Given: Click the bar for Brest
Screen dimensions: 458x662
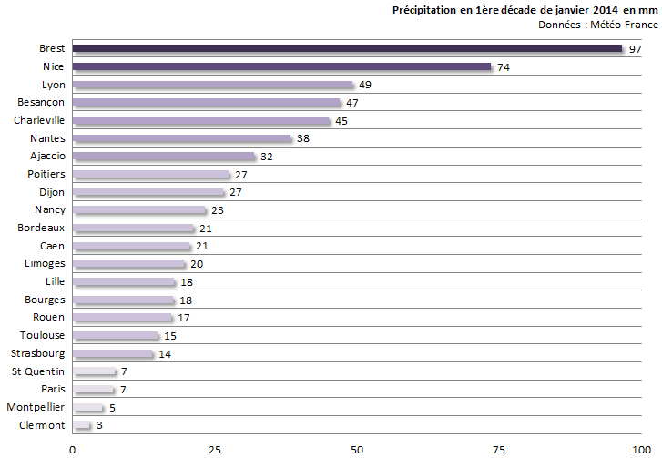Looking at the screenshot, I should pyautogui.click(x=346, y=48).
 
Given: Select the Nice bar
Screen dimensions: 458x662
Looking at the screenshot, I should pyautogui.click(x=281, y=66).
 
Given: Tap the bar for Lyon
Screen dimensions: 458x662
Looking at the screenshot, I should pyautogui.click(x=212, y=85).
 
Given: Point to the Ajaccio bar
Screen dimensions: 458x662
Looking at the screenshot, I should pyautogui.click(x=164, y=157).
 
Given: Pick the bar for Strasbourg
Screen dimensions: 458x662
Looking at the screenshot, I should pyautogui.click(x=113, y=353).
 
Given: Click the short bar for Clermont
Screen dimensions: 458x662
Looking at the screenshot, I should pyautogui.click(x=81, y=425).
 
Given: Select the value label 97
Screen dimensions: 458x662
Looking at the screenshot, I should pyautogui.click(x=636, y=49).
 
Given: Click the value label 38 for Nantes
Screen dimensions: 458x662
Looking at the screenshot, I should pyautogui.click(x=303, y=139).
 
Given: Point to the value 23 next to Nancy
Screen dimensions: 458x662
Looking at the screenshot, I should pyautogui.click(x=217, y=210).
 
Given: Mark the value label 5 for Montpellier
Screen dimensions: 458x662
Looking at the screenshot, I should pyautogui.click(x=112, y=407).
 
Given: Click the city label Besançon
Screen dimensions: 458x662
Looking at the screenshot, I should pyautogui.click(x=40, y=102).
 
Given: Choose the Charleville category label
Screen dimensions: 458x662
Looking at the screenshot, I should pyautogui.click(x=39, y=120).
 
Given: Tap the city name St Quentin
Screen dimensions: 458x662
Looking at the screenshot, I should pyautogui.click(x=38, y=371).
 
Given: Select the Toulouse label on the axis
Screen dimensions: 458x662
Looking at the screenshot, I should pyautogui.click(x=42, y=335).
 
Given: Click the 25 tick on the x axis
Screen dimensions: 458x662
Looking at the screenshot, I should pyautogui.click(x=215, y=448).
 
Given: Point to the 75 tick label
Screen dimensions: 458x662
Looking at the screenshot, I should pyautogui.click(x=499, y=448).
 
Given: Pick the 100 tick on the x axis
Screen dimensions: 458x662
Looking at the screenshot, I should pyautogui.click(x=641, y=448).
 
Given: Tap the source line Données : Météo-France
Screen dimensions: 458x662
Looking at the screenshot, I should pyautogui.click(x=598, y=24).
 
